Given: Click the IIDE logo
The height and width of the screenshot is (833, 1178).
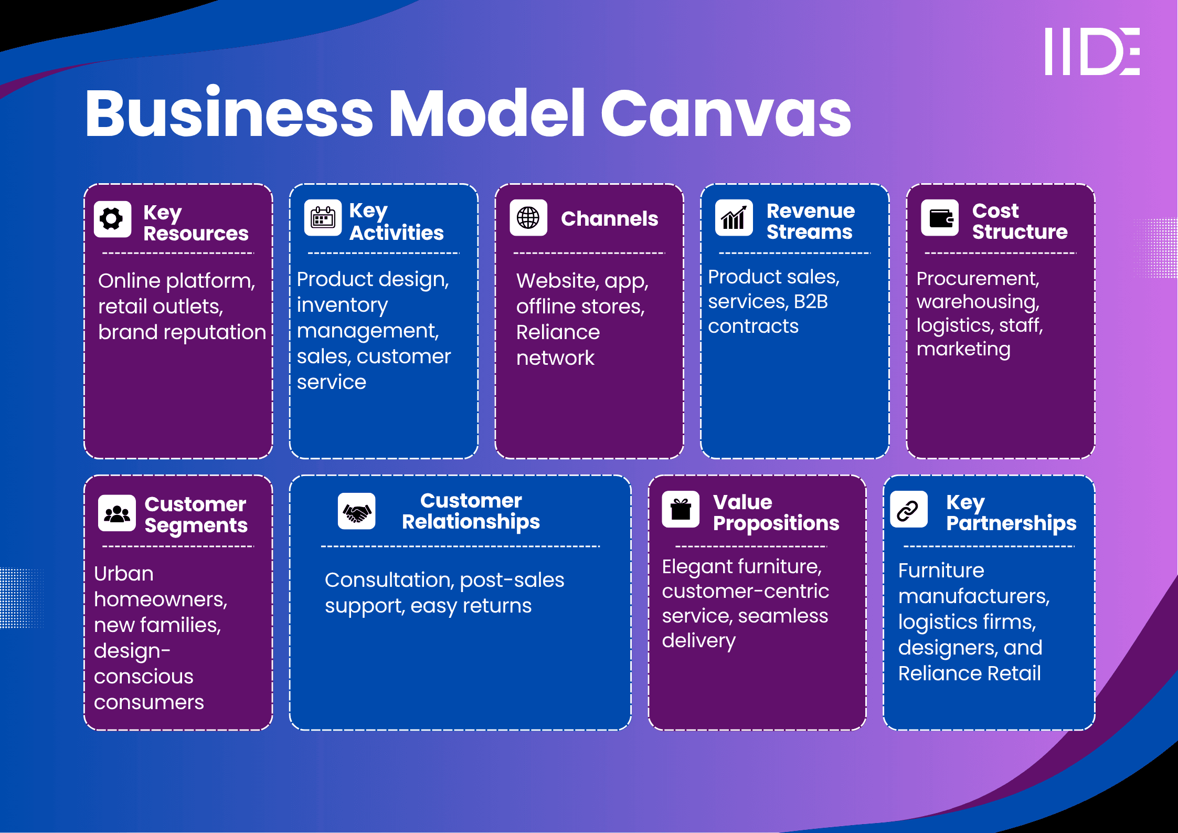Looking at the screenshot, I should coord(1092,51).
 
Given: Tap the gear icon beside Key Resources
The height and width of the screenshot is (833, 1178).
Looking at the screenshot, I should coord(112,219).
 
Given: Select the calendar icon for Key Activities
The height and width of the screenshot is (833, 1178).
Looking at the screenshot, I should coord(323,218).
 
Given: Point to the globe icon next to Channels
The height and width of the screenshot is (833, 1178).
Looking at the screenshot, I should coord(528,218).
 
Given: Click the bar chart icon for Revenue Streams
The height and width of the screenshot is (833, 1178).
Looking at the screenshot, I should coord(734,218).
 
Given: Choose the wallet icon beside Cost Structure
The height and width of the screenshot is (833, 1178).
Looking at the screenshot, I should coord(940,218).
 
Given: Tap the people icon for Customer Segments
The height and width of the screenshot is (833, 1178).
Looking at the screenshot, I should coord(116,513).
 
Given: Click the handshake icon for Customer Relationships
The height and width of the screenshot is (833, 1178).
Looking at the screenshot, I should coord(357,511).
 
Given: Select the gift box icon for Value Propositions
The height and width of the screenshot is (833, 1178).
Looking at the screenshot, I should coord(681,509).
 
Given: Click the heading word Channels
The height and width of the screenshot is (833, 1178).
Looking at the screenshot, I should coord(609,219).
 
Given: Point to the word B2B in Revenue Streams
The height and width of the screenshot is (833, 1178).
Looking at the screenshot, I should coord(811,302).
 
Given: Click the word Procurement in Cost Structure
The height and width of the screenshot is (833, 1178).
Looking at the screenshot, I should coord(978,279).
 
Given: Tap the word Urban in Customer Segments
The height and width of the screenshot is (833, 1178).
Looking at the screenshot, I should coord(124,574).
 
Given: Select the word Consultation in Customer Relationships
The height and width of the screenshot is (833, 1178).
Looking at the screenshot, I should coord(390,580).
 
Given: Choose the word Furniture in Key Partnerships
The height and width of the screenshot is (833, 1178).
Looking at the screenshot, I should coord(941,571).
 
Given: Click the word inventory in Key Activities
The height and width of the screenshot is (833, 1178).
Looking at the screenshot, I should coord(342,305).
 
